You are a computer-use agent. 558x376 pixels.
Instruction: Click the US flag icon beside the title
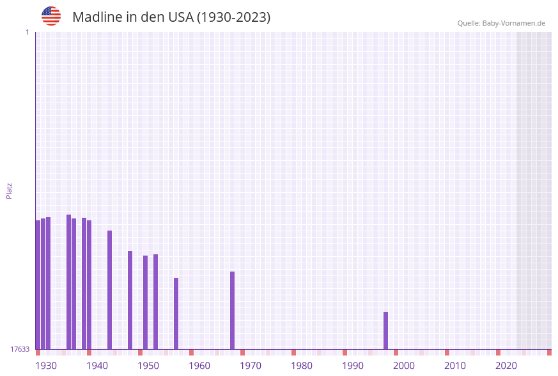(51, 16)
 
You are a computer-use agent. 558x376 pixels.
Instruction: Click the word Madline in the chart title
(97, 17)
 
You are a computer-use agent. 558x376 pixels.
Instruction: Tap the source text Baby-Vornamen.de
(514, 23)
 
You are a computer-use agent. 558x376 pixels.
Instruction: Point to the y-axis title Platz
(9, 190)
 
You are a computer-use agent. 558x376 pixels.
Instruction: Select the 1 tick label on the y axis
(27, 32)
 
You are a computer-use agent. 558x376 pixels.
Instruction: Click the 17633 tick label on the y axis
(20, 349)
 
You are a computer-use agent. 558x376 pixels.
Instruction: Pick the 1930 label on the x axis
(46, 366)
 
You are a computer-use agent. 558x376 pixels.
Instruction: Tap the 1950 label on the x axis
(148, 366)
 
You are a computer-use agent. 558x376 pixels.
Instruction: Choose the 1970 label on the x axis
(251, 366)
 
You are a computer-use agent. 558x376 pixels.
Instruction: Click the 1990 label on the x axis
(353, 366)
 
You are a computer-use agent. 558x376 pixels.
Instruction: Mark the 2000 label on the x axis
(404, 366)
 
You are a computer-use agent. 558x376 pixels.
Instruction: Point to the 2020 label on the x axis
(506, 366)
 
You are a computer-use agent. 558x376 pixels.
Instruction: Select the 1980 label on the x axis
(302, 366)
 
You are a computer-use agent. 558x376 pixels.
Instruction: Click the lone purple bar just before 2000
(385, 331)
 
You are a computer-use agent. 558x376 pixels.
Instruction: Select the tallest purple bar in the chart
(68, 282)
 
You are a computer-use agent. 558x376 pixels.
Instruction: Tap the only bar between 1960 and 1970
(232, 311)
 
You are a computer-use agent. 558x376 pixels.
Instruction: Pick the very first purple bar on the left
(38, 285)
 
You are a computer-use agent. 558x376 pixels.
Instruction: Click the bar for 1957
(176, 314)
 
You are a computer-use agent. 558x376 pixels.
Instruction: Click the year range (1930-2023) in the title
(233, 17)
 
